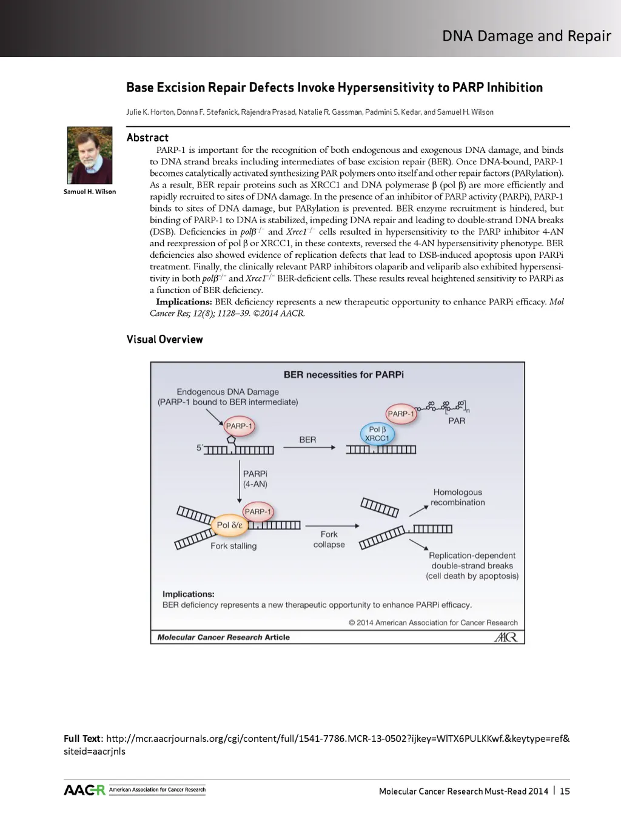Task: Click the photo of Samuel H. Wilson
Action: [90, 155]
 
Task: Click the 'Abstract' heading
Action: [147, 138]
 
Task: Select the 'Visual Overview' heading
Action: [164, 339]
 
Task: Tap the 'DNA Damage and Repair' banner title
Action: [526, 36]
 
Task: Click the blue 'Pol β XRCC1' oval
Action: [377, 434]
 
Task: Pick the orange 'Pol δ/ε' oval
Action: [229, 525]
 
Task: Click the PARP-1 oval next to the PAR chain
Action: [400, 414]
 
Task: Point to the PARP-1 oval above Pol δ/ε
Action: [258, 511]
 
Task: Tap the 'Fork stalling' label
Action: [233, 546]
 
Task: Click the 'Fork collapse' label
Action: [329, 539]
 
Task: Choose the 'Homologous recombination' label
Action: [458, 497]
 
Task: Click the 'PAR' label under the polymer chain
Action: [457, 420]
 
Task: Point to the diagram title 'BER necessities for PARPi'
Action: [343, 375]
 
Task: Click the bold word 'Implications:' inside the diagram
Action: [188, 594]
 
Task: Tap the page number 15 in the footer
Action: [565, 791]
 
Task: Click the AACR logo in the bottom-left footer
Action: [84, 790]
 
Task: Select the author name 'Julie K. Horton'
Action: [150, 112]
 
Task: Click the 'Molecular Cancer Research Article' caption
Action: [223, 637]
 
